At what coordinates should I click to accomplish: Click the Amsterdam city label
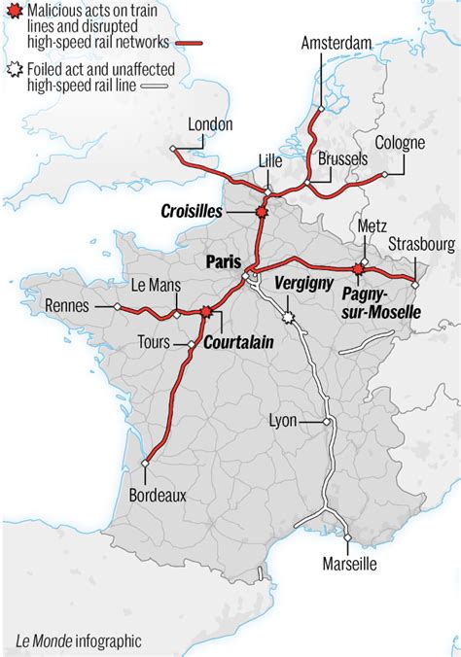click(x=336, y=44)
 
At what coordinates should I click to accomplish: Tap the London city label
click(x=212, y=124)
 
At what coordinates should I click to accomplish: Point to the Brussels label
click(x=341, y=157)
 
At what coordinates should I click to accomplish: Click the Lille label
click(x=271, y=160)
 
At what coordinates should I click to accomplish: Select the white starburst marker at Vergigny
click(x=288, y=317)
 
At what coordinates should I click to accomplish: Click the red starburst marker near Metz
click(x=359, y=268)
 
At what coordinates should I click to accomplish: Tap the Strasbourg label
click(x=420, y=243)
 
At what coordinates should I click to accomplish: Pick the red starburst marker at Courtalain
click(x=206, y=312)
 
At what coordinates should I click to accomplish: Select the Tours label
click(x=152, y=342)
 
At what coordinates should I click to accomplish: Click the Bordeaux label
click(x=158, y=495)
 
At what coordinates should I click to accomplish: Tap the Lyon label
click(x=283, y=421)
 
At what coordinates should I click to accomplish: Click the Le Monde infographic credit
click(x=78, y=640)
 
